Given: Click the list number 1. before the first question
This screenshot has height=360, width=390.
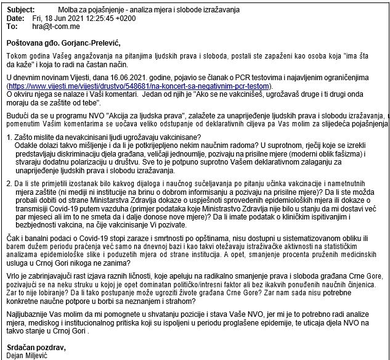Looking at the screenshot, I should pos(9,136).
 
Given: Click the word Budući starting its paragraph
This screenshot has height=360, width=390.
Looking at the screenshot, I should pos(17,115).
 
